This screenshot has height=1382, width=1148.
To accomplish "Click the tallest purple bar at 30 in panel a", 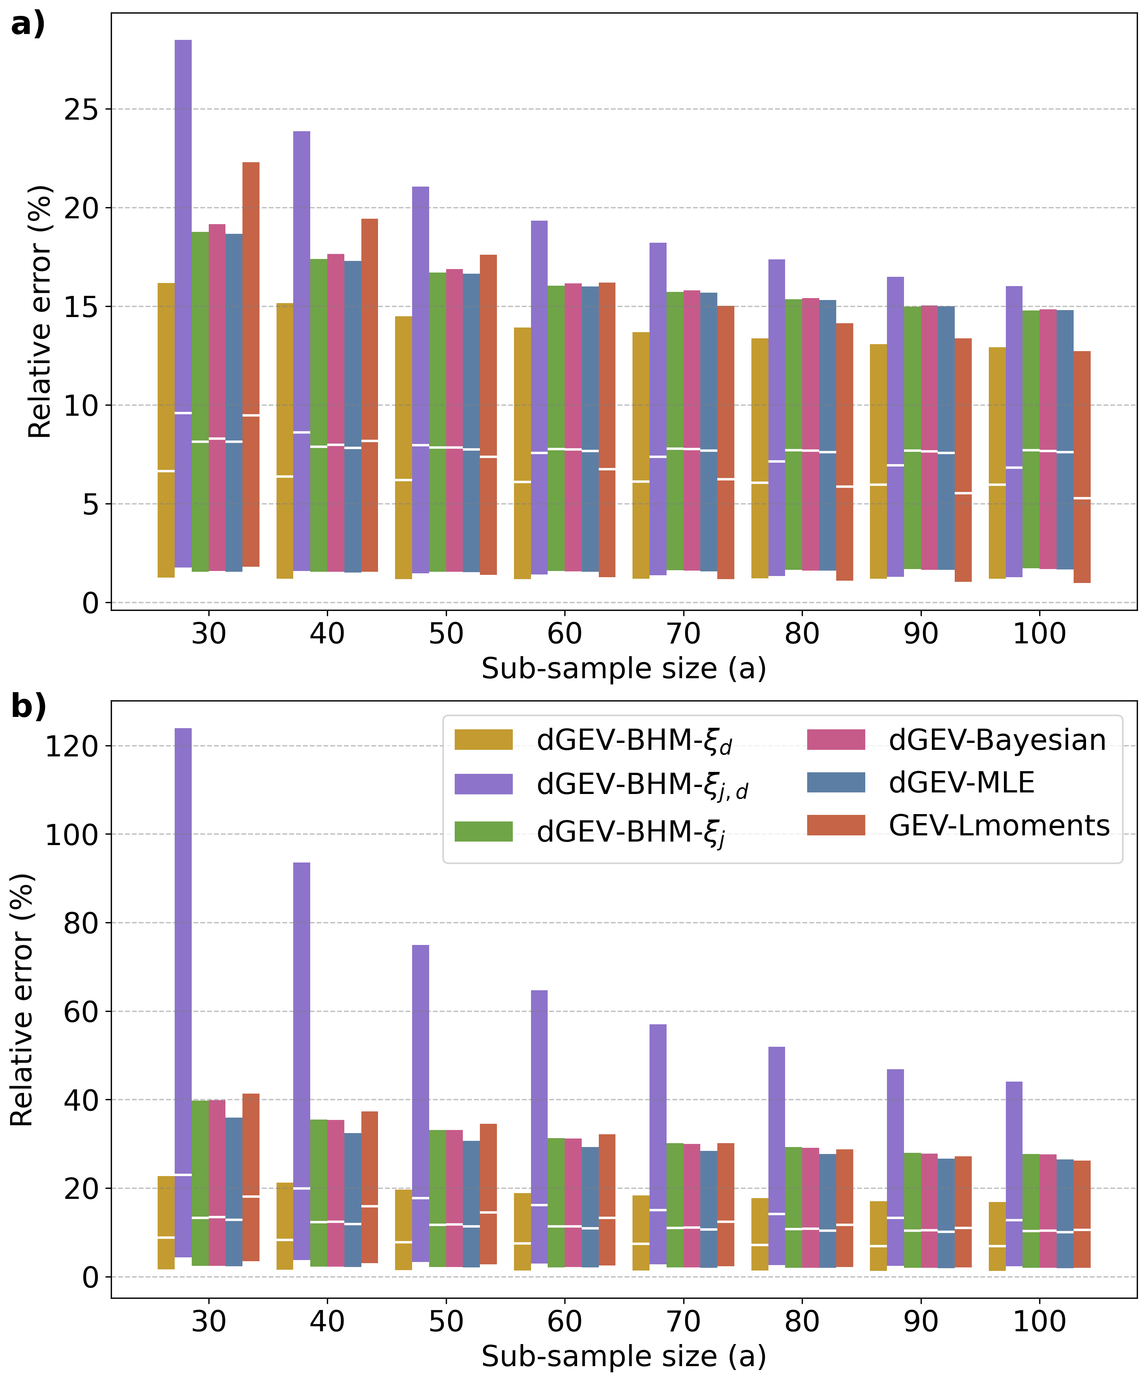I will point(183,303).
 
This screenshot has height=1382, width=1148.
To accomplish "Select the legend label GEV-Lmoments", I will point(998,825).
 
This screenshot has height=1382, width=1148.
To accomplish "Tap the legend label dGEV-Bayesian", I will point(997,740).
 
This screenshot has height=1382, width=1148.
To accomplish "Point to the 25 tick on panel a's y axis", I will point(80,109).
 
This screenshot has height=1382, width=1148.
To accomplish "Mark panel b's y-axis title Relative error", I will point(22,1000).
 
